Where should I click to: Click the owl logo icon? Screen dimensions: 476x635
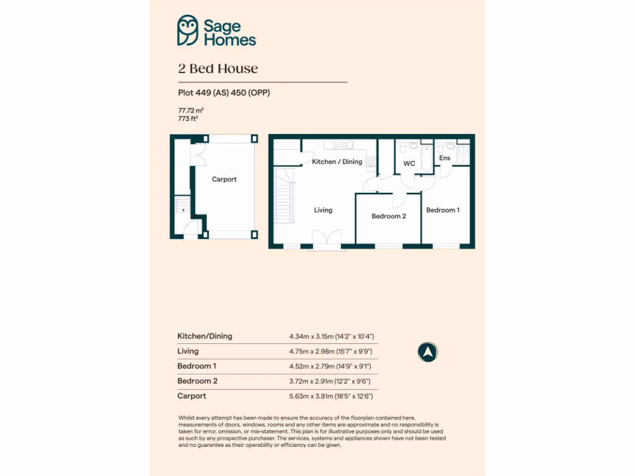[188, 30]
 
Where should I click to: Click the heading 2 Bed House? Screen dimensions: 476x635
[218, 68]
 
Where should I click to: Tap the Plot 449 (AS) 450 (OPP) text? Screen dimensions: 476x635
[224, 93]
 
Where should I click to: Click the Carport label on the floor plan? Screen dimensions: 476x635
[224, 179]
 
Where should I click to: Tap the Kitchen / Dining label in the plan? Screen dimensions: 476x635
[337, 162]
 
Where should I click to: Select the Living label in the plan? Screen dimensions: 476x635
[322, 210]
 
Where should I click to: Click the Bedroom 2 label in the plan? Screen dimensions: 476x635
[389, 216]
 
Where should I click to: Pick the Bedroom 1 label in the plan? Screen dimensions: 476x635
[443, 210]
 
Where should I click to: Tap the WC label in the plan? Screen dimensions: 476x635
[409, 164]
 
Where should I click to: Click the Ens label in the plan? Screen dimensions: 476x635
[445, 158]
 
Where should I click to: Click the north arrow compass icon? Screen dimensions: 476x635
[427, 352]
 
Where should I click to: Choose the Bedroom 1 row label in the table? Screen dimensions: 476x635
[197, 366]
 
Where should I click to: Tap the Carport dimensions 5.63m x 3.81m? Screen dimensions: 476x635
[331, 396]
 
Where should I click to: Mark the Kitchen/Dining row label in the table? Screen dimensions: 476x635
[205, 336]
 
